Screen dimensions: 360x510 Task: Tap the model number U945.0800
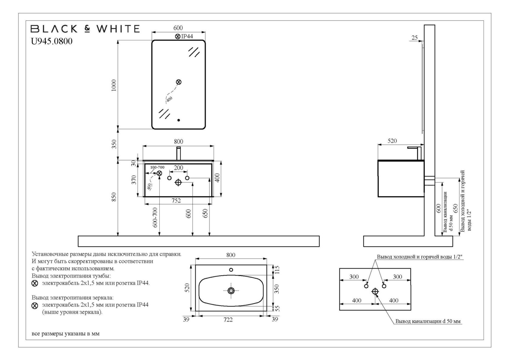(x=52, y=41)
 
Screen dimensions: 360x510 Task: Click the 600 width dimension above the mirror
(x=178, y=28)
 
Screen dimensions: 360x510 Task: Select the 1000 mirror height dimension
(x=114, y=85)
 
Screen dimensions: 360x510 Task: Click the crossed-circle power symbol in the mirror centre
(x=179, y=82)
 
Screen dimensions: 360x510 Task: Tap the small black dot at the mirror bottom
(x=178, y=120)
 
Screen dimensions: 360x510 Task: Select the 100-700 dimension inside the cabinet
(x=157, y=167)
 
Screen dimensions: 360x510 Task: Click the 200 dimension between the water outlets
(x=178, y=168)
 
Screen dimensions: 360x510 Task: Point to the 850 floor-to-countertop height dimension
(x=114, y=198)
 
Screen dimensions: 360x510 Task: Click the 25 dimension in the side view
(x=414, y=38)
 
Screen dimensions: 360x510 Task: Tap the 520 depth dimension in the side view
(x=392, y=141)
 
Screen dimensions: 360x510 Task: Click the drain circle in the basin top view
(x=231, y=291)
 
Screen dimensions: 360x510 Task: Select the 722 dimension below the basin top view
(x=228, y=319)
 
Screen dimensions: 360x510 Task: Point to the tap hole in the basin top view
(x=231, y=270)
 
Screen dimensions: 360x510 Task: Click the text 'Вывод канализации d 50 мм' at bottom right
(x=428, y=321)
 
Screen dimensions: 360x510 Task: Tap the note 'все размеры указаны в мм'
(x=66, y=334)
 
